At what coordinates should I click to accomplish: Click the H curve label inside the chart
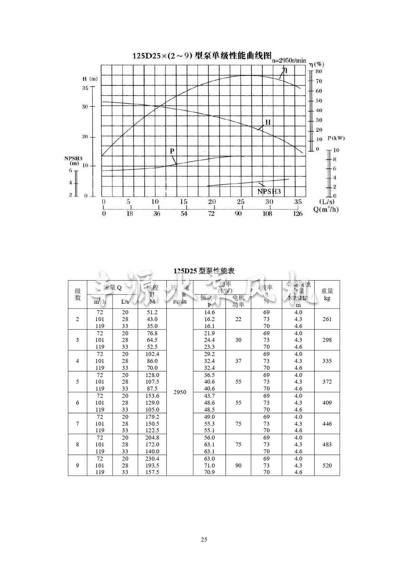click(268, 122)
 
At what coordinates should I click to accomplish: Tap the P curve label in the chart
click(172, 151)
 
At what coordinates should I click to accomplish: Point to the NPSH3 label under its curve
click(269, 192)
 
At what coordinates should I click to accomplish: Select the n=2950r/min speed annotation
click(289, 61)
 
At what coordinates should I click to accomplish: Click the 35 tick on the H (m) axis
click(85, 88)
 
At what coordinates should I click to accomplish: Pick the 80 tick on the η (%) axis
click(319, 71)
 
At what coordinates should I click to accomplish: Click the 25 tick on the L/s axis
click(240, 202)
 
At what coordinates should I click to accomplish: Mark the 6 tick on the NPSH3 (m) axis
click(71, 170)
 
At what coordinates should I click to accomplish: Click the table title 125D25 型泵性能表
click(204, 271)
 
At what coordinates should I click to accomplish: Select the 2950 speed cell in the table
click(180, 392)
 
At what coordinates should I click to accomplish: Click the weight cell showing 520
click(327, 465)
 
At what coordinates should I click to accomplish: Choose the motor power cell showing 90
click(238, 465)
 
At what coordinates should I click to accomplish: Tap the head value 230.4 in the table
click(152, 459)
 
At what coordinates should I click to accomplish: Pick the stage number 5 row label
click(78, 382)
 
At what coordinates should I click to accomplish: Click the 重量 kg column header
click(327, 295)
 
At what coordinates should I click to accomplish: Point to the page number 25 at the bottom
click(204, 540)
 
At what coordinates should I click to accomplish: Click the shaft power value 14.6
click(209, 312)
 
